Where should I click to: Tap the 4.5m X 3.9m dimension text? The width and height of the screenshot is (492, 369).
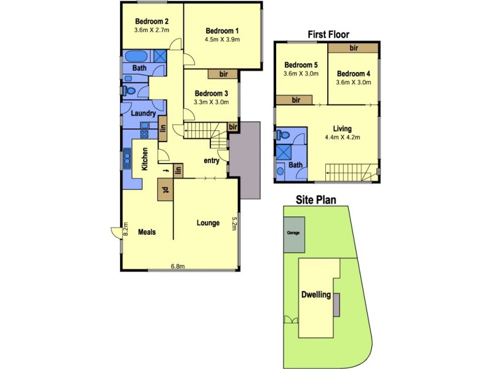click(x=222, y=39)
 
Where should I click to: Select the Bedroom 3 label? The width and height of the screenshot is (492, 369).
click(x=211, y=93)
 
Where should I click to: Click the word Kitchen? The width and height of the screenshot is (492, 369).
click(x=145, y=159)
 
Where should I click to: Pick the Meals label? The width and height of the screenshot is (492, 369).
click(x=146, y=232)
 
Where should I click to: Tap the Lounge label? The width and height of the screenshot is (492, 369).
click(x=208, y=223)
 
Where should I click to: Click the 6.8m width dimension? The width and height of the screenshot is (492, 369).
click(x=178, y=266)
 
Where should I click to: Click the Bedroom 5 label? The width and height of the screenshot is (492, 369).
click(x=301, y=65)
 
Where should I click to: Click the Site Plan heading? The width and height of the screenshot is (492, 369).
click(x=319, y=200)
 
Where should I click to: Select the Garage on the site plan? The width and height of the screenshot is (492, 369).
click(x=293, y=234)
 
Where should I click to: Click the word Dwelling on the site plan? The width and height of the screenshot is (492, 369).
click(x=317, y=295)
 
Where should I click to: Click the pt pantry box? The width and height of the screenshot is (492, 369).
click(x=165, y=190)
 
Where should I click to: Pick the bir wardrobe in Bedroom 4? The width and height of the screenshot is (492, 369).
click(x=355, y=47)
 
